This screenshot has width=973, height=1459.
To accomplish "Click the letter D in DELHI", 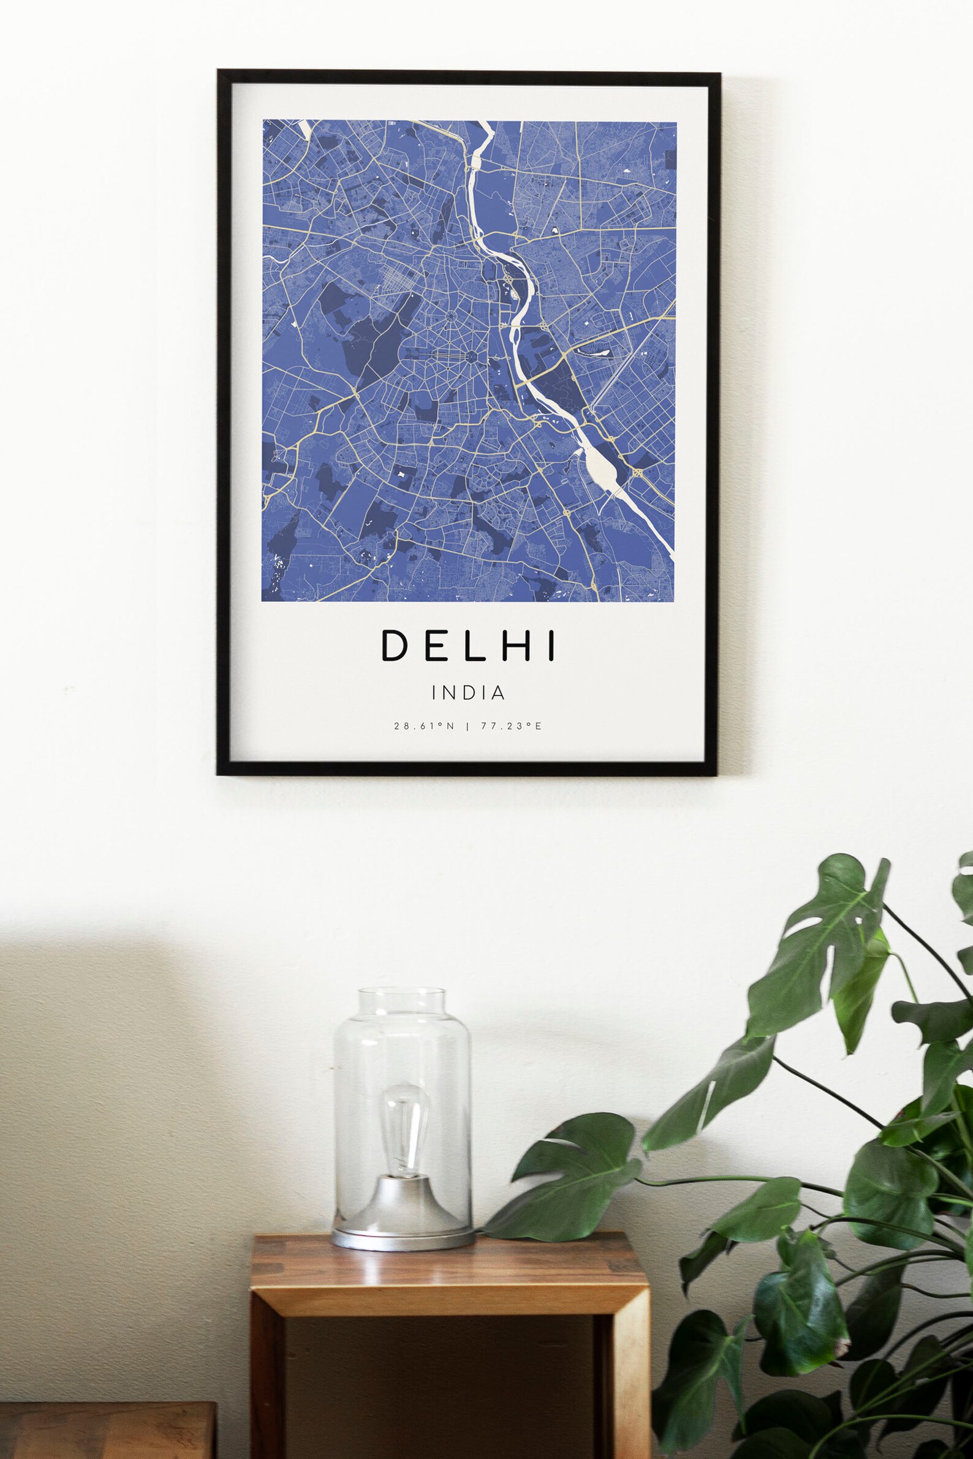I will [393, 645].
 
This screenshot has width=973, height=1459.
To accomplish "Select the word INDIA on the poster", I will [469, 693].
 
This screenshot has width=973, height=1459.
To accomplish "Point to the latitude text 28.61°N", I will [425, 726].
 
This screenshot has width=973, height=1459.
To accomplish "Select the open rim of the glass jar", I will [402, 993].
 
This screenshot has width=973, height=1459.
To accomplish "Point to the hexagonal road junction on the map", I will [472, 356].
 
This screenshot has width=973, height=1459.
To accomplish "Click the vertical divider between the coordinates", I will [468, 726].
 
